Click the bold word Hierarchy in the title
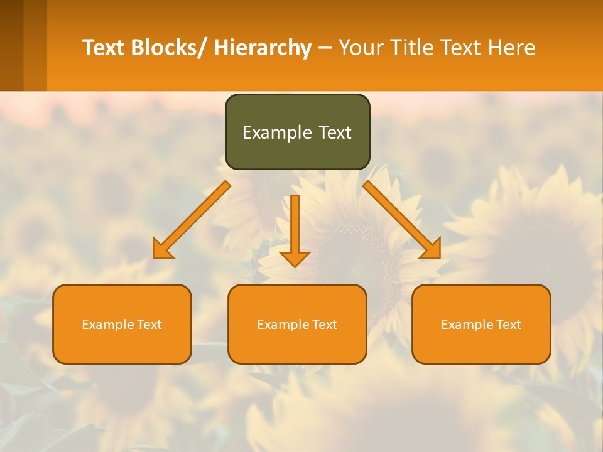tap(263, 48)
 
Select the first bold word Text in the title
tap(104, 48)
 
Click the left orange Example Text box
tap(122, 325)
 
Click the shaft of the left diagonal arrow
tap(198, 214)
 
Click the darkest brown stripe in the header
tap(11, 45)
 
